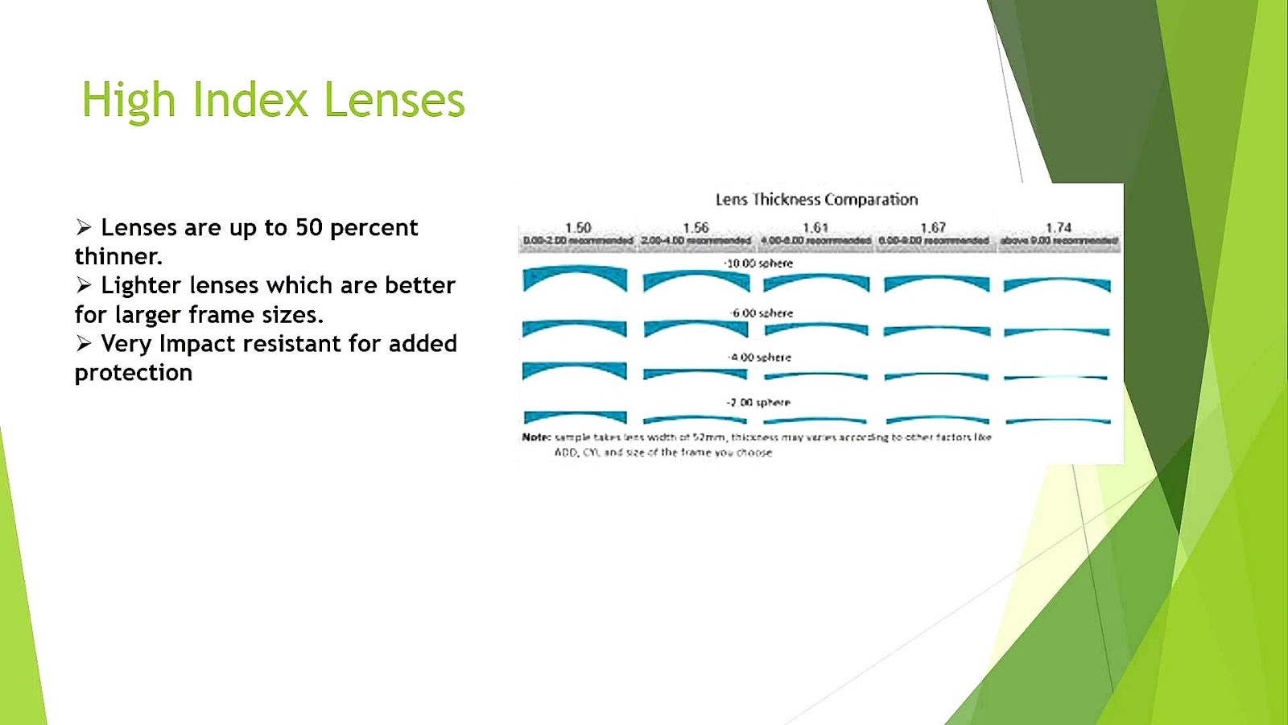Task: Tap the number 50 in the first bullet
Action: (308, 228)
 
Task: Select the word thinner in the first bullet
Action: (117, 256)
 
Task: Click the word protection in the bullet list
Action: (134, 373)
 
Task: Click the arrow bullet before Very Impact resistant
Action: (84, 344)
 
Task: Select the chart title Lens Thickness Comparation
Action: (816, 199)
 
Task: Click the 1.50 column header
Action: (577, 228)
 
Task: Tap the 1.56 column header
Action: (696, 228)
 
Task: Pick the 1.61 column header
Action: (815, 228)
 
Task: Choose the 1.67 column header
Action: (933, 228)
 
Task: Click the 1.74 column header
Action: (1058, 228)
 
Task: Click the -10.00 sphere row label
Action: (758, 263)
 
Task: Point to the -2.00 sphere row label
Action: (760, 402)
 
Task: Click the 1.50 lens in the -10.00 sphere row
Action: (575, 277)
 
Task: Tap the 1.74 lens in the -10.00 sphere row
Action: (1057, 284)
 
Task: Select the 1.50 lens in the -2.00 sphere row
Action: (575, 416)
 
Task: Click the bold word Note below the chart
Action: (535, 437)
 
